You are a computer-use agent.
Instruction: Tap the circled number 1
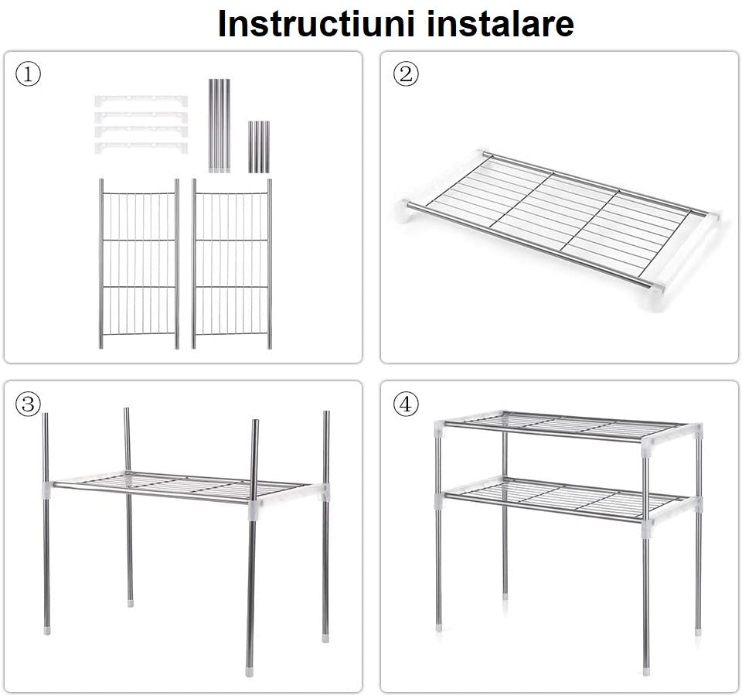tap(28, 75)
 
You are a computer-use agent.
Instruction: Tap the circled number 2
tap(406, 75)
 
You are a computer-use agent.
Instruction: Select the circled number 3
tap(28, 404)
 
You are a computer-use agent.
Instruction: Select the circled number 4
tap(406, 404)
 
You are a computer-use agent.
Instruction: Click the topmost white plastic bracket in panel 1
tap(141, 101)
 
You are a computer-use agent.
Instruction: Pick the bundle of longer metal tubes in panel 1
tap(219, 125)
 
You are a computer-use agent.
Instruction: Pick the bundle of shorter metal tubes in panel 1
tap(258, 146)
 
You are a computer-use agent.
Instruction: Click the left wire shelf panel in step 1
tap(139, 263)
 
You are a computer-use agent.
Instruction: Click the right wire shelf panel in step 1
tap(232, 263)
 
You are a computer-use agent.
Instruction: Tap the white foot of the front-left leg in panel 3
tap(47, 629)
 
